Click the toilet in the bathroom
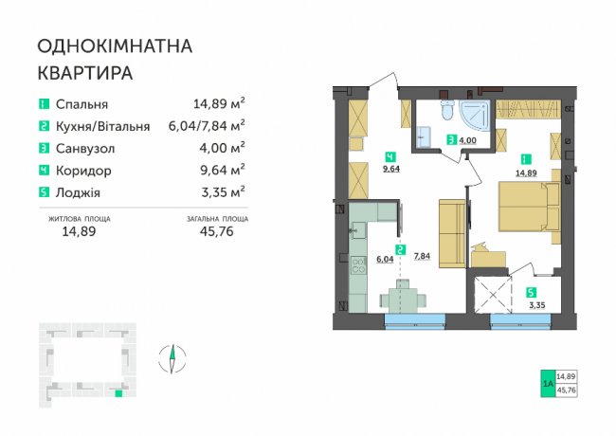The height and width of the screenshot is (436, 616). (x=447, y=109)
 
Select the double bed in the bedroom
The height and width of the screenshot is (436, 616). (x=529, y=207)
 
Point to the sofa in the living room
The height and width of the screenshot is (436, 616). (x=452, y=233)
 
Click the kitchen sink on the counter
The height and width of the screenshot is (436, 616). (x=82, y=230)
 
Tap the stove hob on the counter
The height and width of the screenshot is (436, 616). (x=82, y=265)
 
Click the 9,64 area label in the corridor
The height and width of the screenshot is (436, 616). (x=390, y=170)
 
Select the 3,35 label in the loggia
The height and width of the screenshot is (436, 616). (x=537, y=305)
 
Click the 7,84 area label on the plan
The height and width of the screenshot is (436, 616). (x=422, y=256)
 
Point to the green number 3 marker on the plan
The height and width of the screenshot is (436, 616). (x=452, y=139)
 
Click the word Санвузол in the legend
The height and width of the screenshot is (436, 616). (x=85, y=149)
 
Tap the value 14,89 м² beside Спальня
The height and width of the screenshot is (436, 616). (x=219, y=103)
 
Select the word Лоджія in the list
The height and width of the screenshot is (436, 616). (x=78, y=192)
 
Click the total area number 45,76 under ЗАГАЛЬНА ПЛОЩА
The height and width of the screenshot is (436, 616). (x=216, y=231)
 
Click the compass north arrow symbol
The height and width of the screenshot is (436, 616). (x=172, y=358)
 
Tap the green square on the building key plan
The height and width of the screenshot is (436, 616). (x=118, y=393)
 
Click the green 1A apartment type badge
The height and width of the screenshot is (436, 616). (x=548, y=383)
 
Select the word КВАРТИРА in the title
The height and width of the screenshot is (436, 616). (x=85, y=73)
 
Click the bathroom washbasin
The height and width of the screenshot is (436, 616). (x=424, y=136)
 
